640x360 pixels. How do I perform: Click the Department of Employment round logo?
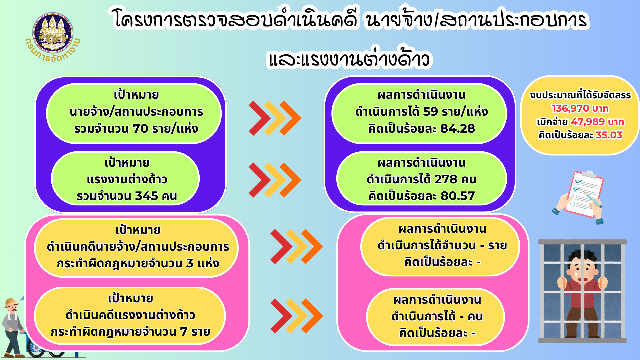[53, 33]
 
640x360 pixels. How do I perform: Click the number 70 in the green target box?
[140, 128]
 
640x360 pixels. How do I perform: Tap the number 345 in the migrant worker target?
[146, 196]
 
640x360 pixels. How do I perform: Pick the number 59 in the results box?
[431, 111]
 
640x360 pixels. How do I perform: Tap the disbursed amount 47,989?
[588, 122]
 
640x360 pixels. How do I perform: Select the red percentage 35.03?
[609, 135]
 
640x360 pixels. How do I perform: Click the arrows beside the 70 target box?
[275, 118]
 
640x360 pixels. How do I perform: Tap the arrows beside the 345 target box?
[275, 180]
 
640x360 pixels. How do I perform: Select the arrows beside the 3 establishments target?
[297, 247]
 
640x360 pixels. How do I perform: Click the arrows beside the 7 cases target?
[297, 316]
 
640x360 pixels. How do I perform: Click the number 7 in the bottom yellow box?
[184, 332]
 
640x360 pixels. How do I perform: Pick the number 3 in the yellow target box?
[190, 263]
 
